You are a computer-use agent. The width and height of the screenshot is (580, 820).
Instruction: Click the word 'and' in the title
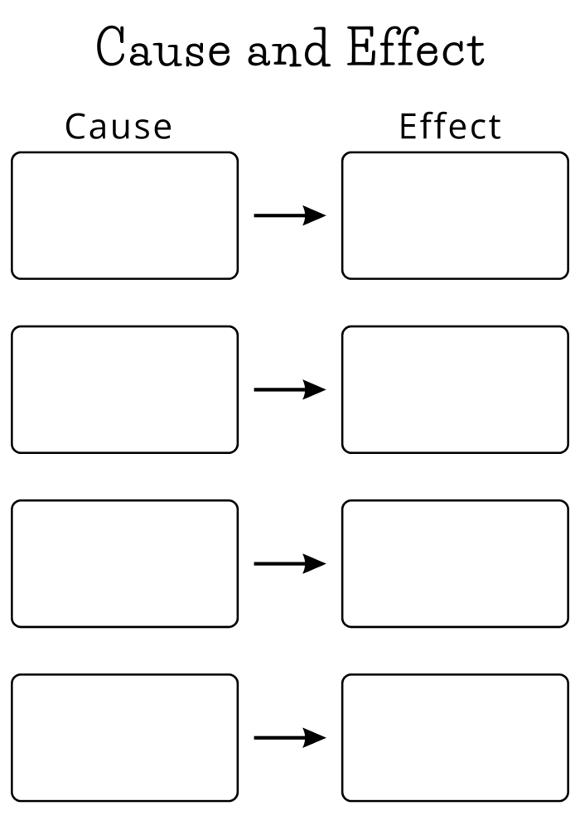(289, 49)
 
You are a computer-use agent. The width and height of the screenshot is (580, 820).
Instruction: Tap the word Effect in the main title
(415, 49)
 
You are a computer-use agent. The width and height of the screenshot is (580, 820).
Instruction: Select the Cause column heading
(118, 127)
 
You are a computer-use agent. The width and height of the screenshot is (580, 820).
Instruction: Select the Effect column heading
(450, 127)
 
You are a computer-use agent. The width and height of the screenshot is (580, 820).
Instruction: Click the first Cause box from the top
(124, 215)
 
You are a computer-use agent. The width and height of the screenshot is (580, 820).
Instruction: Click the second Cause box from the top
(124, 389)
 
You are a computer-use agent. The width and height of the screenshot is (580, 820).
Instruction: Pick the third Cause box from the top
(124, 563)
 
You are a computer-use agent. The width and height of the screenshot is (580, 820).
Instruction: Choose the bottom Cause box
(124, 737)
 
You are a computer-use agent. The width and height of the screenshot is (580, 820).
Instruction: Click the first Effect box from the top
(455, 215)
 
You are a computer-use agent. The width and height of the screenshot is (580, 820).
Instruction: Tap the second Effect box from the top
(455, 389)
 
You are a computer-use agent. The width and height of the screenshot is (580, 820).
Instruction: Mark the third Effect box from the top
(455, 563)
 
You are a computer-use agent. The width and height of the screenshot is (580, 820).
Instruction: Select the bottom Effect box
(455, 737)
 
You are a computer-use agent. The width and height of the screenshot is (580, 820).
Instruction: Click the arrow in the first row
(289, 216)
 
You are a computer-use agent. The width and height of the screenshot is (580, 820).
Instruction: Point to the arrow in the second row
(289, 390)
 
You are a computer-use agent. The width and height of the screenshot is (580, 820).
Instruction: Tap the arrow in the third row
(289, 564)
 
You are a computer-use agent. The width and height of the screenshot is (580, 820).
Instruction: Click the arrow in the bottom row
(289, 738)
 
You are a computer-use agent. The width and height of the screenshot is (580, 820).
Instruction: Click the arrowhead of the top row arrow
(315, 216)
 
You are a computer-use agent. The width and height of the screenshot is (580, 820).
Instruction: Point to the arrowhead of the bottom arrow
(315, 738)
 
